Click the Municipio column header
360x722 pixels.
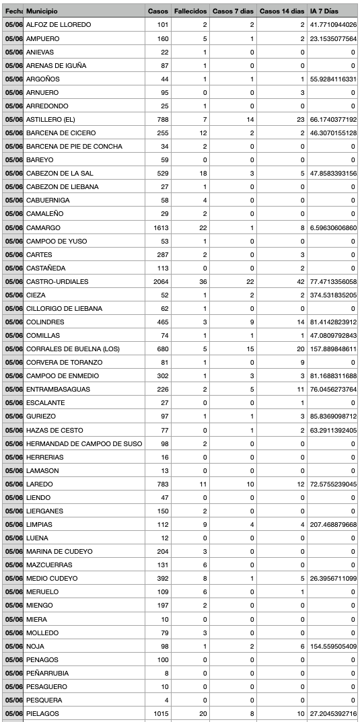pyautogui.click(x=42, y=11)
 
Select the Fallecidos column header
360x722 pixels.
pyautogui.click(x=190, y=11)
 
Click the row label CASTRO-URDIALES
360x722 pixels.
pyautogui.click(x=57, y=281)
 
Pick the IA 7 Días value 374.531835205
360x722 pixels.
pyautogui.click(x=333, y=295)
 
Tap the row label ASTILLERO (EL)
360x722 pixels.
pyautogui.click(x=50, y=119)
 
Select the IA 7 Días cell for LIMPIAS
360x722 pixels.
pyautogui.click(x=333, y=524)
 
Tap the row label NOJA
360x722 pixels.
pyautogui.click(x=35, y=646)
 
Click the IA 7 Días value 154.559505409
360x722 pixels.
pyautogui.click(x=333, y=646)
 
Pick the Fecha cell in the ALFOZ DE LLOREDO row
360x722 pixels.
pyautogui.click(x=13, y=25)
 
